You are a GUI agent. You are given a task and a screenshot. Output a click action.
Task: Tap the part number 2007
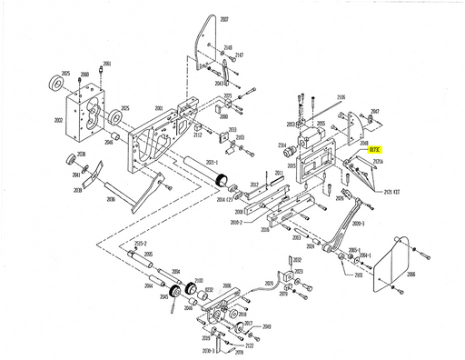coord(224,18)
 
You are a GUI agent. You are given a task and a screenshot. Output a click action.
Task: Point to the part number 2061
coord(106,64)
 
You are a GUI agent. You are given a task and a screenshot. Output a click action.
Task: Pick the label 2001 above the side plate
coord(159,107)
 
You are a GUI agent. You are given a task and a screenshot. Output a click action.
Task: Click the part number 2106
coord(341,96)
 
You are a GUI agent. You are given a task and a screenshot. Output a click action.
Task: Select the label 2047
coord(375,110)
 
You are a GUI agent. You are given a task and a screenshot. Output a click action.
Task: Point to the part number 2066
coord(411,273)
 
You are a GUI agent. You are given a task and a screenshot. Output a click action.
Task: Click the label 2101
coord(358,275)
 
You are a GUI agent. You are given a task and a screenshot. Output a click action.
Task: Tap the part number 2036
coord(110,198)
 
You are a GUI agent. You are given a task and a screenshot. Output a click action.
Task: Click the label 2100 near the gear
coord(198,281)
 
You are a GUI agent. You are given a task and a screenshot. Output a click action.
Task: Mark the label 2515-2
coord(141,245)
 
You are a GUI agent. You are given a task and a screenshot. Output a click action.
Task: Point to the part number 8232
coord(208,290)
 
